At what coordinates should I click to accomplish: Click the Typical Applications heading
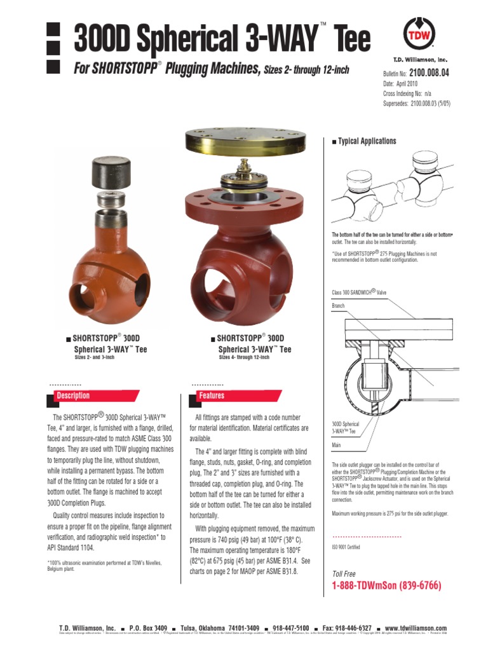(x=367, y=141)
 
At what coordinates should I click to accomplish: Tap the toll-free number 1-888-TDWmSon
(x=386, y=586)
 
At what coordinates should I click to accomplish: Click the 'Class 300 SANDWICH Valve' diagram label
(x=359, y=292)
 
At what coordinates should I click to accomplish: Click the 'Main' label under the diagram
(x=337, y=445)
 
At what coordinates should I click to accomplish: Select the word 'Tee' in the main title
(x=349, y=39)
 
